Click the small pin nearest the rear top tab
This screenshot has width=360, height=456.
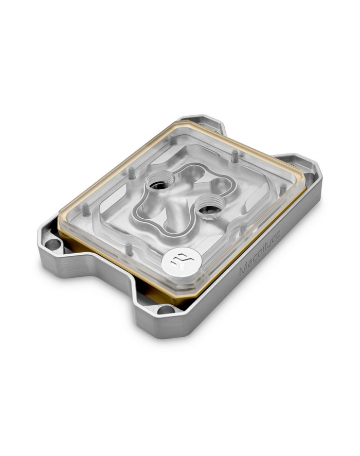click(233, 154)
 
